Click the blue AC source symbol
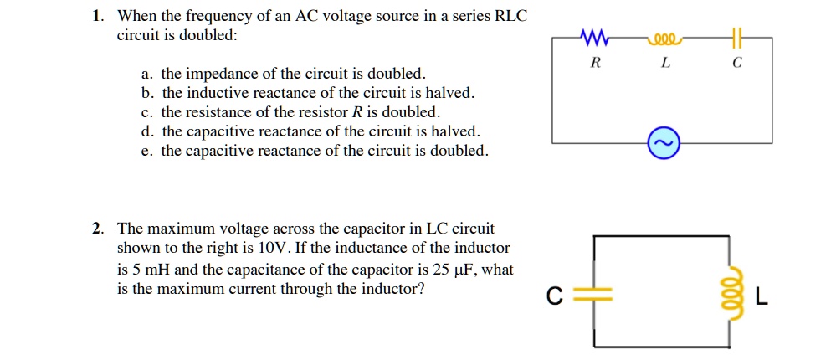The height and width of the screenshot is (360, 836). tap(663, 145)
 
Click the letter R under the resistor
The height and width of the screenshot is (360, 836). tap(594, 64)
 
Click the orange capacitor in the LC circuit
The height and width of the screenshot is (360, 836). tap(595, 296)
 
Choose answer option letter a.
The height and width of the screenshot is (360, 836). tap(146, 74)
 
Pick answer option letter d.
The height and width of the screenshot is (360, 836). tap(146, 131)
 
